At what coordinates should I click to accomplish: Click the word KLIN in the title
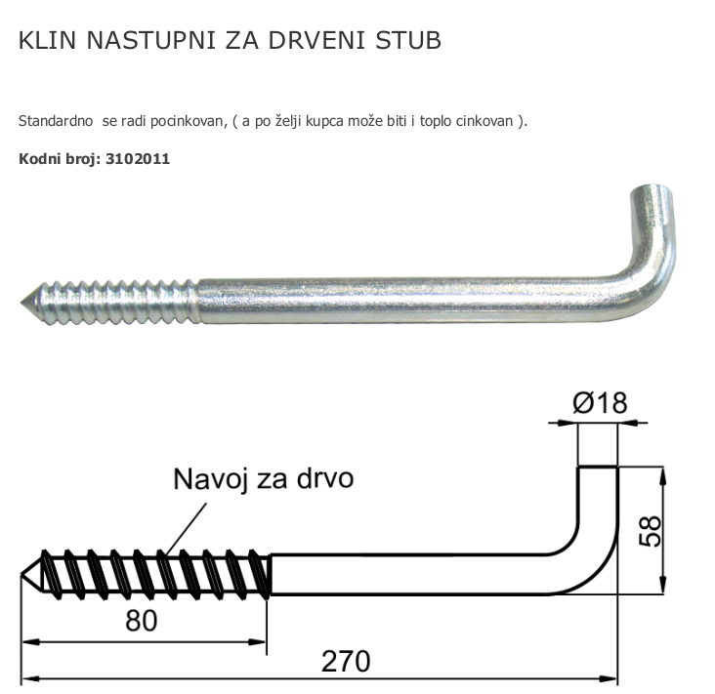[x=47, y=40]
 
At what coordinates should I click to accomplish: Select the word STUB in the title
[x=408, y=40]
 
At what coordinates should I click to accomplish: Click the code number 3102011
[x=138, y=159]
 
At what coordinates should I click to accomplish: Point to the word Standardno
[x=56, y=121]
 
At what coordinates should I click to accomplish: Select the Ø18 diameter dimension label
[x=600, y=403]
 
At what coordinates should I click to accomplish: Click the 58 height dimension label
[x=650, y=531]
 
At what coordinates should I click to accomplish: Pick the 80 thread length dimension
[x=142, y=620]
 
